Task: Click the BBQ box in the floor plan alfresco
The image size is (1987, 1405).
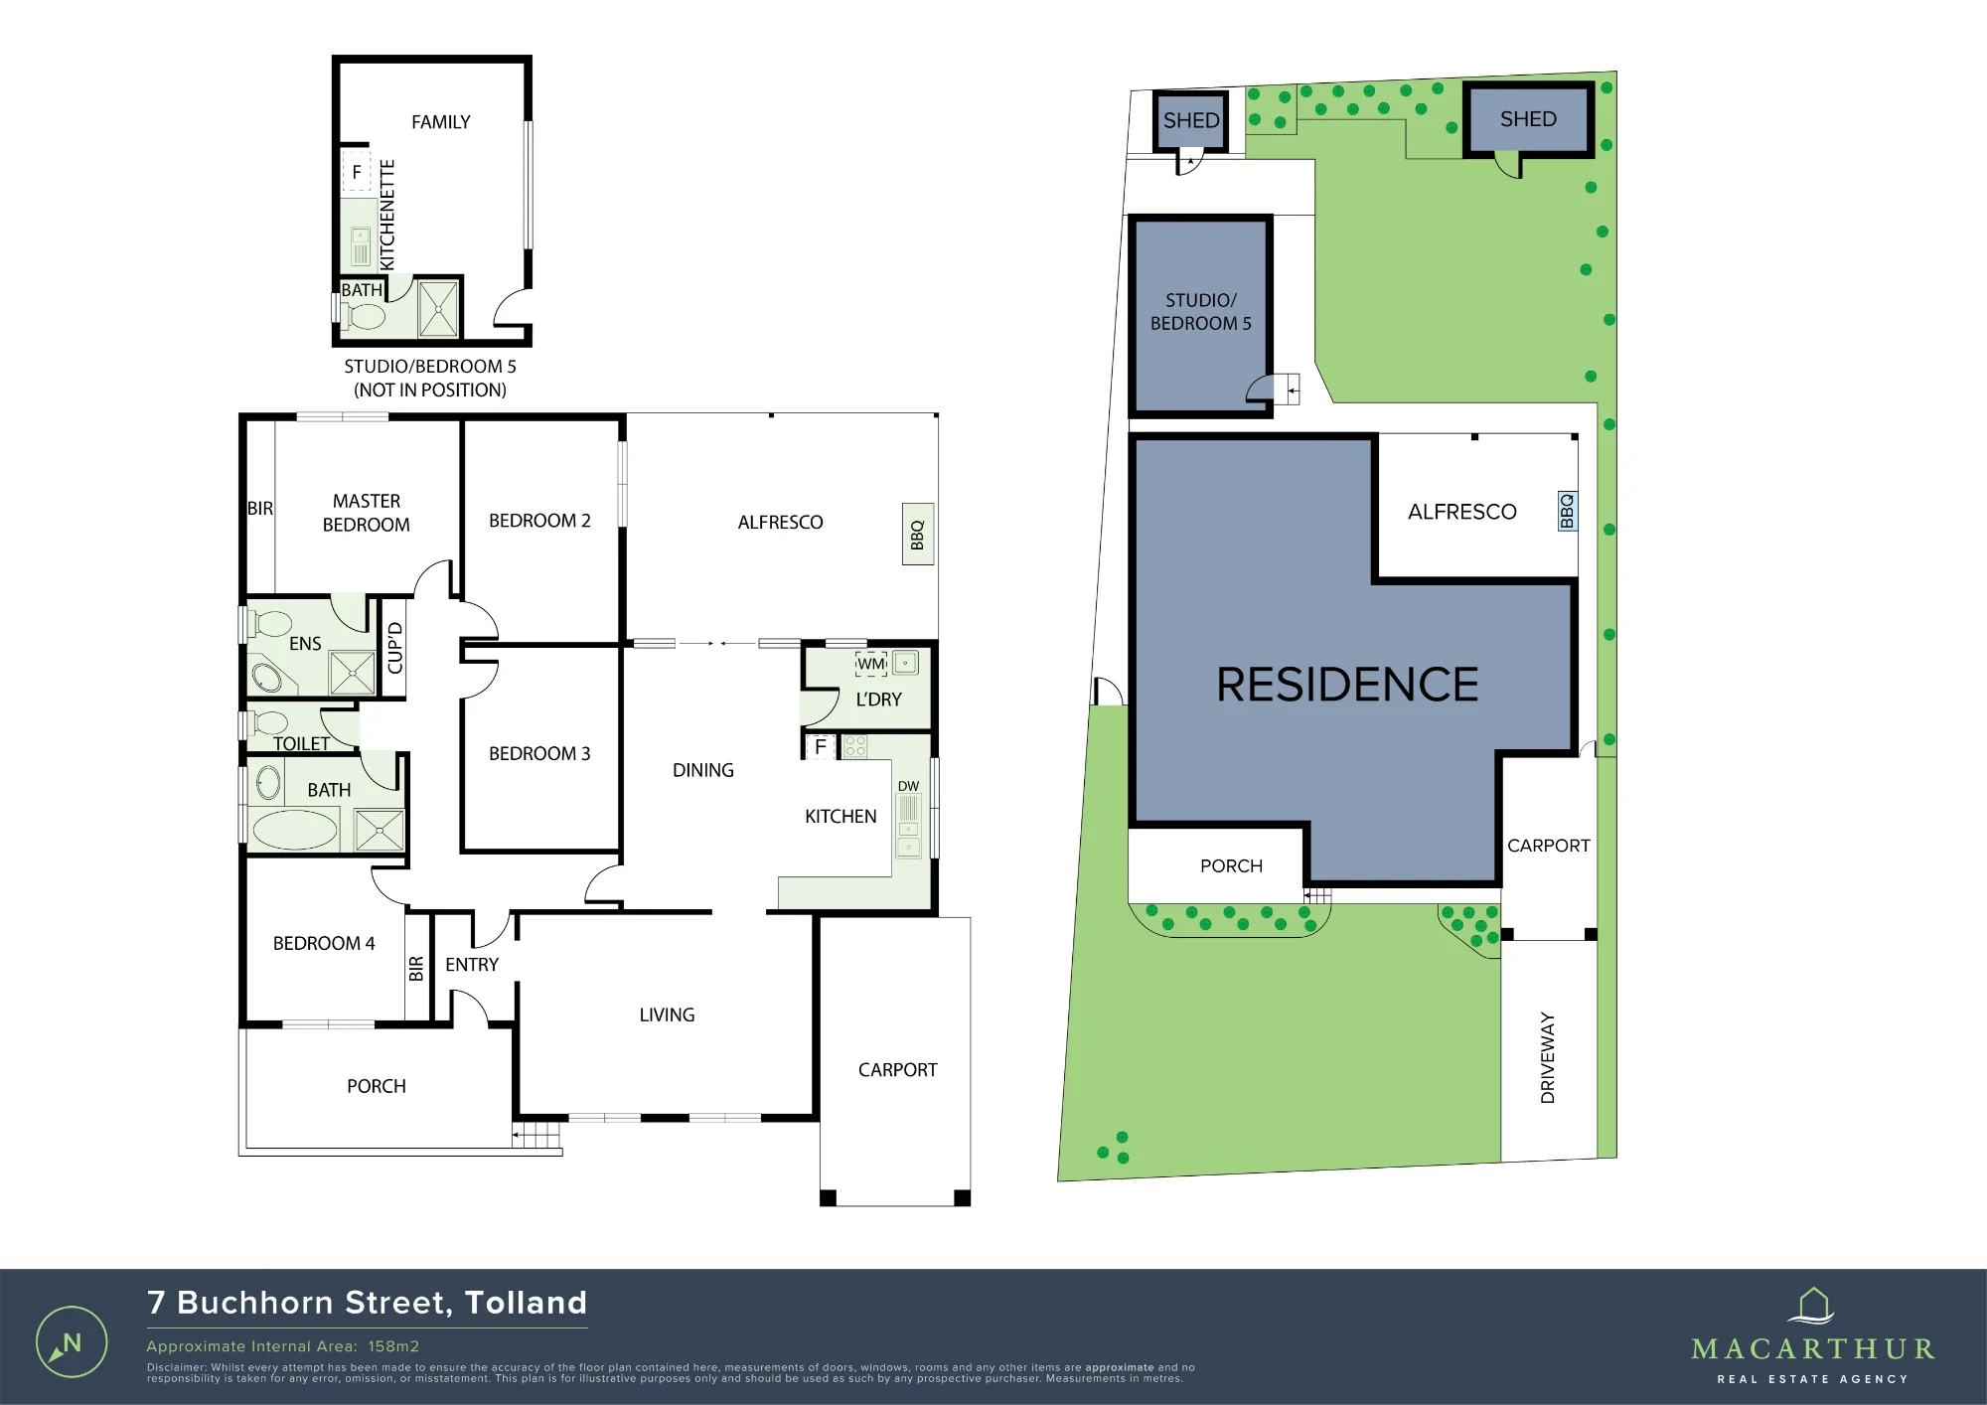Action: tap(917, 535)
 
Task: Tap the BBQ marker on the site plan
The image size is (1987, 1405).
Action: tap(1567, 512)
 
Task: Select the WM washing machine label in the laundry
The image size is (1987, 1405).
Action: tap(871, 664)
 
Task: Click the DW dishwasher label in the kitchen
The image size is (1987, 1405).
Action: tap(908, 786)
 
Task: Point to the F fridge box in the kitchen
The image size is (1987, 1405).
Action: tap(821, 745)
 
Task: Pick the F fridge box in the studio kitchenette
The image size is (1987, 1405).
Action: tap(356, 172)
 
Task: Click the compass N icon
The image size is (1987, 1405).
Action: tap(72, 1342)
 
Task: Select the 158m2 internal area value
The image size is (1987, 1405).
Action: tap(393, 1346)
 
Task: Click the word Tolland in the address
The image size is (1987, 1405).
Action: tap(526, 1303)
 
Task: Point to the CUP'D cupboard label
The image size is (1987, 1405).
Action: tap(394, 648)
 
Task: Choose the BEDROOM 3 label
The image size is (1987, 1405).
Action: tap(539, 753)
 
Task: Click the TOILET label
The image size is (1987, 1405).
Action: tap(301, 743)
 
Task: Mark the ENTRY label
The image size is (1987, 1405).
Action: tap(472, 964)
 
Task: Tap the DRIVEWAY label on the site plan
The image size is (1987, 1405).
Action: tap(1547, 1057)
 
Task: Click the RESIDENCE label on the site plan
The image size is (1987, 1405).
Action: tap(1347, 685)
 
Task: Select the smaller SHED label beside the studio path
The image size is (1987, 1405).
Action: tap(1191, 120)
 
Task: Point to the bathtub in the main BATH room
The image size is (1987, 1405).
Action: tap(294, 830)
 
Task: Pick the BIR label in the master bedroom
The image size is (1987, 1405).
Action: tap(260, 508)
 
